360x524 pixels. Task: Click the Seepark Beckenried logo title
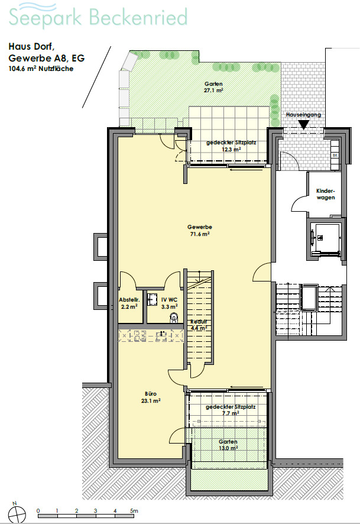(x=98, y=17)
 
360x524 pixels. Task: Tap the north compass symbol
(x=17, y=513)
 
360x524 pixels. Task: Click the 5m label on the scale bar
(x=134, y=510)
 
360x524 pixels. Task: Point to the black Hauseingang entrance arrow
(x=303, y=125)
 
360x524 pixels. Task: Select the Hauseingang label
(x=303, y=115)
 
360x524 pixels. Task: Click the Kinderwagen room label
(x=326, y=194)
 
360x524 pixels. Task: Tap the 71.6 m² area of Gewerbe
(x=200, y=234)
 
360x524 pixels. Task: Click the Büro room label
(x=151, y=394)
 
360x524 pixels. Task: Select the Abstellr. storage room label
(x=129, y=300)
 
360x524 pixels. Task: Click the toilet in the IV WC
(x=174, y=318)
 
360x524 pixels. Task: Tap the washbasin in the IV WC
(x=153, y=299)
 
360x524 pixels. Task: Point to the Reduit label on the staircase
(x=199, y=322)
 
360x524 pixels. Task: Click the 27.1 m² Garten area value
(x=213, y=90)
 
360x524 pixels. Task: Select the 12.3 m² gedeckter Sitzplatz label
(x=231, y=145)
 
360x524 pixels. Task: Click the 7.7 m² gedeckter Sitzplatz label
(x=231, y=410)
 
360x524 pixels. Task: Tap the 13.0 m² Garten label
(x=228, y=445)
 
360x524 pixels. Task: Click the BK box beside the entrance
(x=335, y=156)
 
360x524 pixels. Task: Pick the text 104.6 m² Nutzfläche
(x=41, y=69)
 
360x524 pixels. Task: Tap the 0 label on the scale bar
(x=38, y=510)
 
